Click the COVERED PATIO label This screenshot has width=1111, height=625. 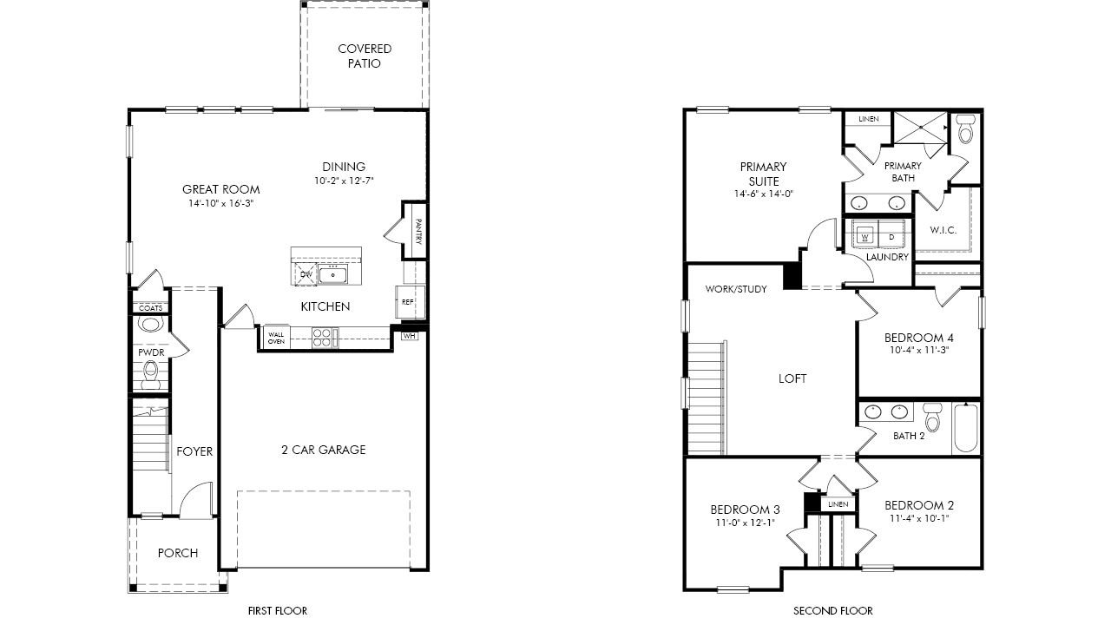click(365, 56)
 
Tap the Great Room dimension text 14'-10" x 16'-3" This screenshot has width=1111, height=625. click(220, 203)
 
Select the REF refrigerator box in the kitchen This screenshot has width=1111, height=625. click(410, 301)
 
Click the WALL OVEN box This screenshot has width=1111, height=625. click(276, 339)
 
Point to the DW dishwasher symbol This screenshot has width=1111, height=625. click(306, 274)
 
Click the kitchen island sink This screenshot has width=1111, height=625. click(332, 274)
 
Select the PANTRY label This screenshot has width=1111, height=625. click(418, 231)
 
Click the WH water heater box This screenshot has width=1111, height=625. click(409, 336)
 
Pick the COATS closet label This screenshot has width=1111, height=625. click(150, 308)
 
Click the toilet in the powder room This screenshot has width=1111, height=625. click(150, 375)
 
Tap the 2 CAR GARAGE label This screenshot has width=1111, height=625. click(324, 450)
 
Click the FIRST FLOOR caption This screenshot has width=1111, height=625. click(278, 610)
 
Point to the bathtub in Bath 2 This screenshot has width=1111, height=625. click(965, 428)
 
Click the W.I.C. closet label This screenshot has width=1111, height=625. click(943, 230)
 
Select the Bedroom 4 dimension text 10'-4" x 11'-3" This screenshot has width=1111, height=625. click(918, 350)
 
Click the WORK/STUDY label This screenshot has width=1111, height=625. click(736, 289)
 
